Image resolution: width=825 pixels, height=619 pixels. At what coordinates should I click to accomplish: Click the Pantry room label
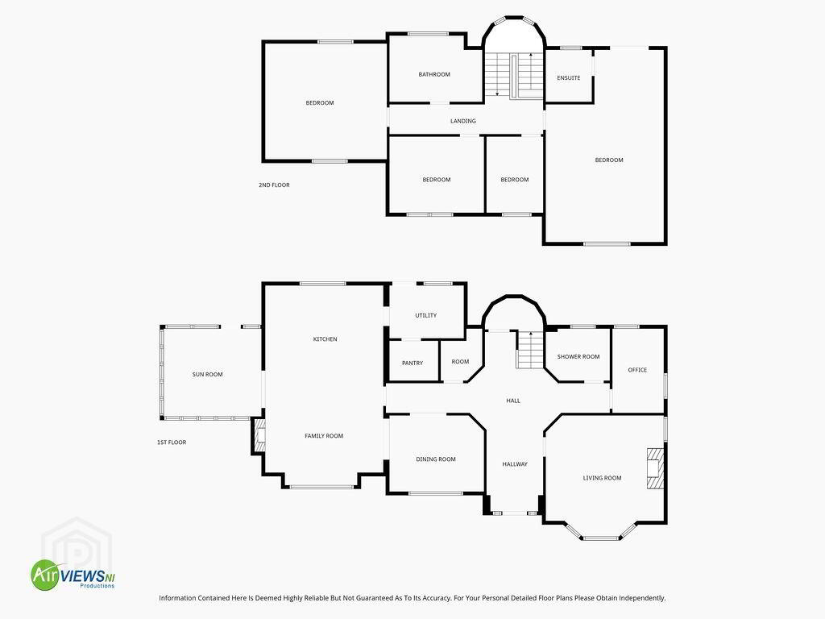coord(412,364)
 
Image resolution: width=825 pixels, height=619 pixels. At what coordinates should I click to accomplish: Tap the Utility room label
coord(425,315)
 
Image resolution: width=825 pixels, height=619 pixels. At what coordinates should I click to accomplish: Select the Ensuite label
coord(568,78)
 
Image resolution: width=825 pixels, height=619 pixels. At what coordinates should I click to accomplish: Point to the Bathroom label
coord(434,74)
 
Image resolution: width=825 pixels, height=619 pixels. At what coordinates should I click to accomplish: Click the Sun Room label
coord(207,374)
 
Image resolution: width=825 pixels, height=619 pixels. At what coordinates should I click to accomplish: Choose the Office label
coord(637,370)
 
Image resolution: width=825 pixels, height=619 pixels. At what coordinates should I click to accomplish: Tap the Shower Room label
coord(578,357)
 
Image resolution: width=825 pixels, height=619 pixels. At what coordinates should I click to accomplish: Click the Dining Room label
coord(436,459)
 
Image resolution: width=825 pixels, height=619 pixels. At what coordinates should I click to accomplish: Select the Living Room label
coord(602,478)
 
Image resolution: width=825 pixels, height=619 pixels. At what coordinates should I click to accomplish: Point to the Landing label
coord(463,121)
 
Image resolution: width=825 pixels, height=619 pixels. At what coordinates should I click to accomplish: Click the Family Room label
coord(324,436)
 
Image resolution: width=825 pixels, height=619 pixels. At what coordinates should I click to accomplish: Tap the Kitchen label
coord(325,339)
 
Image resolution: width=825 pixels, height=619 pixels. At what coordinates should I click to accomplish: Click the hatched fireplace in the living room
coord(655,468)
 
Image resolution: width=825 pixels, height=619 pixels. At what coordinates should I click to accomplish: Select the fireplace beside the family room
coord(259,435)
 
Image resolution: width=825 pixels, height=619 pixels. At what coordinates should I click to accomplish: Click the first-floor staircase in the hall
coord(530,350)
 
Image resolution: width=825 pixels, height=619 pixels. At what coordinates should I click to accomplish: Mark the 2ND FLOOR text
coord(274,185)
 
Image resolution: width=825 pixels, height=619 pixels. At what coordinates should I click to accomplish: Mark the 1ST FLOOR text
coord(172,442)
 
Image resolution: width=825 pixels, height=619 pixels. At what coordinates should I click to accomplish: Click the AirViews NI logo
coord(73,575)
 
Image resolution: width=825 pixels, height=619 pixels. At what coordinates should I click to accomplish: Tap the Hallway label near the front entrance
coord(515,464)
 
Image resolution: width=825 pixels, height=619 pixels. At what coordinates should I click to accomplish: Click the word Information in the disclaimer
coord(176,598)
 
